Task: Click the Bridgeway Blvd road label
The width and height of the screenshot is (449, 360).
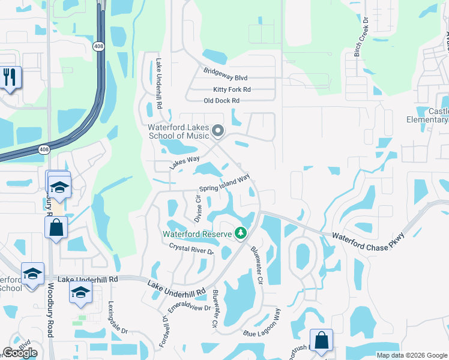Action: pos(225,78)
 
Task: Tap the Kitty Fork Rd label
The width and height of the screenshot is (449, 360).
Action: pos(228,89)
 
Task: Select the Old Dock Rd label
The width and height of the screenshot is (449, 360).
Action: pos(221,101)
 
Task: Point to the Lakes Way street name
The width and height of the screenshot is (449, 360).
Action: pos(184,163)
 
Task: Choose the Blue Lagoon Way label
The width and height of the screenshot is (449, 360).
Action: pos(262,325)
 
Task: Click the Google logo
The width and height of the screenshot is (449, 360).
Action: pos(20,353)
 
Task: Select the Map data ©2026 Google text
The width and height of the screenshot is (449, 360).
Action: pos(411,355)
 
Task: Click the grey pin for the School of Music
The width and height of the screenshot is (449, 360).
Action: pos(218,130)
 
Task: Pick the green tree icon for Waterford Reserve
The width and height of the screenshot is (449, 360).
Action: pos(241,232)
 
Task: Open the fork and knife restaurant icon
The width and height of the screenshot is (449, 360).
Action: pos(11,77)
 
